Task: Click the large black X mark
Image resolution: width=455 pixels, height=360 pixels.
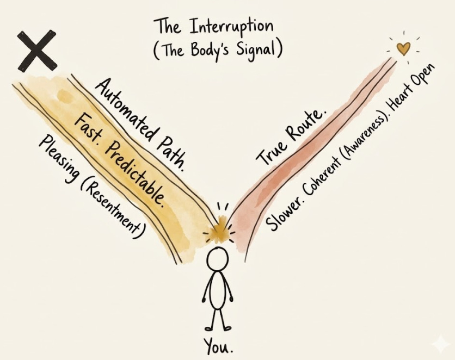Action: pos(38,51)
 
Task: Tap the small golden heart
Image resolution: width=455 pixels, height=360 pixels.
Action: pos(402,49)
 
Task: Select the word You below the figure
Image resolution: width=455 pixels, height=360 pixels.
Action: pos(217,345)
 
